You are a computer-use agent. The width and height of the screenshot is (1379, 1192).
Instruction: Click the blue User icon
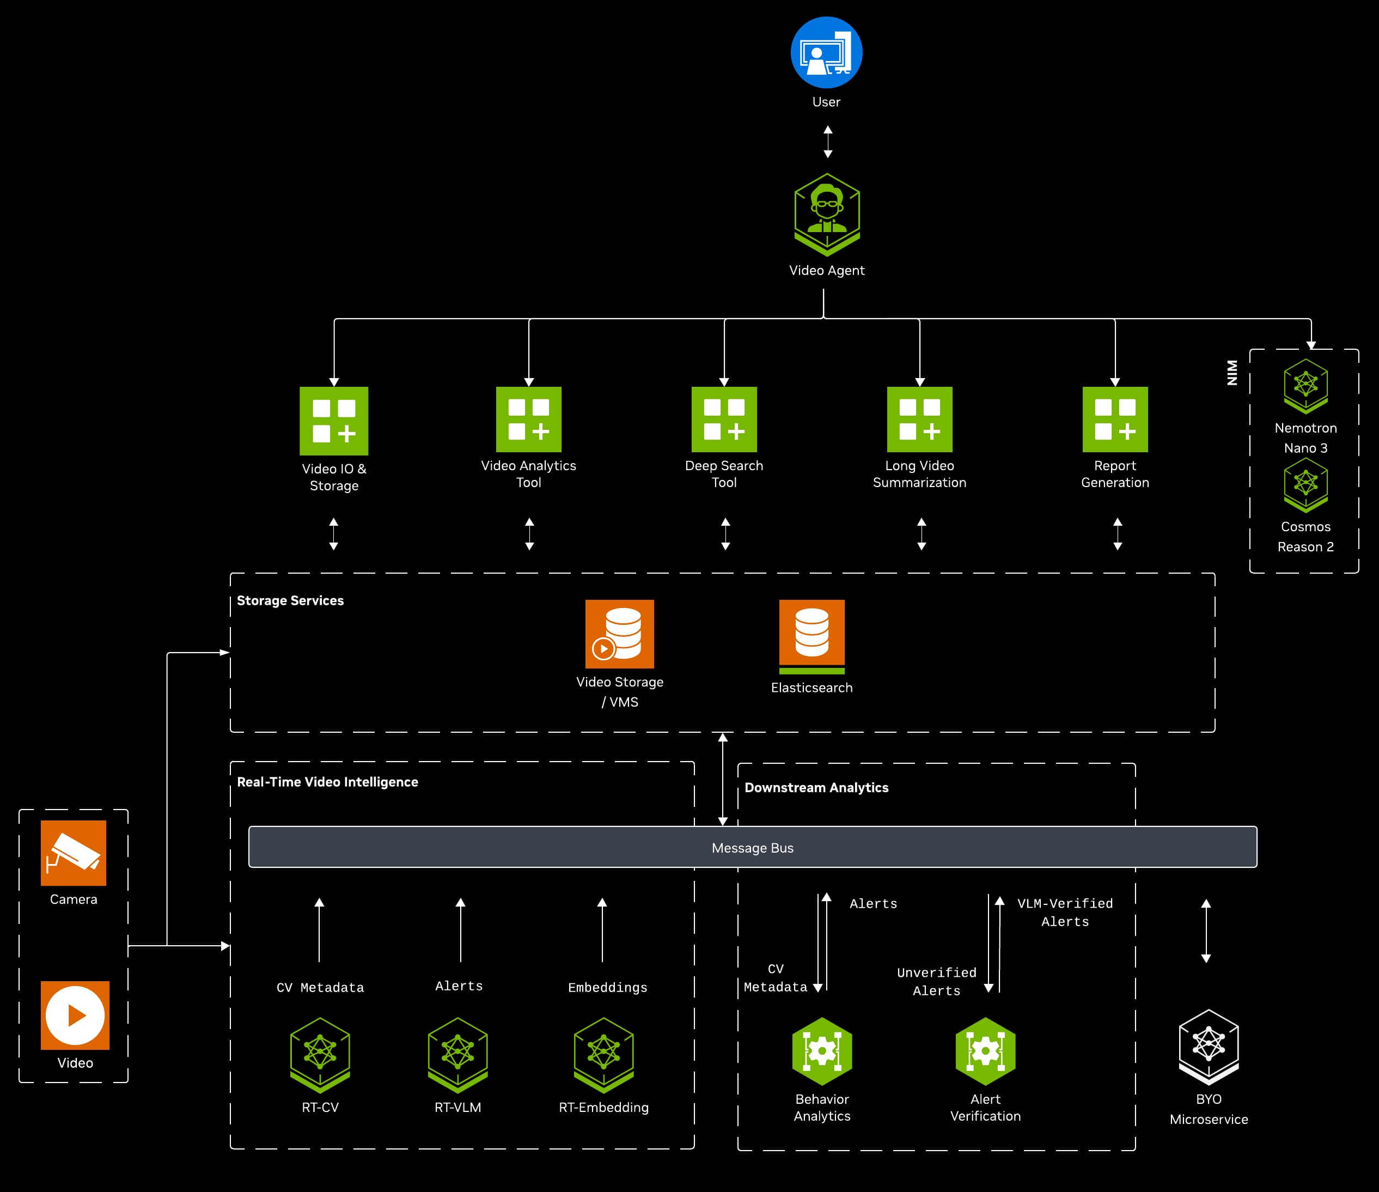click(x=827, y=53)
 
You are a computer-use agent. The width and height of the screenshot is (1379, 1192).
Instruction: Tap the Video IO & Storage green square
click(x=334, y=421)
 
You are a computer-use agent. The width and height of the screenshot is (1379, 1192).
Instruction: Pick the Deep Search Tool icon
click(x=724, y=419)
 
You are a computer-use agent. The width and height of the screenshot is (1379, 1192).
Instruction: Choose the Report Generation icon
click(x=1115, y=419)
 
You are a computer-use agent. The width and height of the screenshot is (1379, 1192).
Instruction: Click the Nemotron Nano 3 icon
click(x=1306, y=386)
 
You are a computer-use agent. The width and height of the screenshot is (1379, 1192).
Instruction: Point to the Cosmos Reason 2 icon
click(x=1306, y=484)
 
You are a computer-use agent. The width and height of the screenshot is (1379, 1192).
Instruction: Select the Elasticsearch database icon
click(x=812, y=636)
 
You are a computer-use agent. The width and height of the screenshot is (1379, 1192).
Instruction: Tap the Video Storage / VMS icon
click(x=620, y=634)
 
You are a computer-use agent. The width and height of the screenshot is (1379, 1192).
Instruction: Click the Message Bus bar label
click(x=753, y=848)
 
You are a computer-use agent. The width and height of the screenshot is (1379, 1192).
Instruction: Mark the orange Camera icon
click(x=73, y=853)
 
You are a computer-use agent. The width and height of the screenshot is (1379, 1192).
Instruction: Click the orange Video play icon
click(x=75, y=1015)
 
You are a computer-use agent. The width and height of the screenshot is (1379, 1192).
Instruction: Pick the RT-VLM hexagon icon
click(x=458, y=1054)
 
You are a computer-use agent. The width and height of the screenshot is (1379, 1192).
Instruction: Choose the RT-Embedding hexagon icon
click(x=603, y=1054)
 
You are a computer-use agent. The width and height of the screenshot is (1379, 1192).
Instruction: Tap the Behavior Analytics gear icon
click(x=822, y=1051)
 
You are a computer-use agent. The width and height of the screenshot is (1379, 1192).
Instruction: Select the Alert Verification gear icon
click(x=985, y=1051)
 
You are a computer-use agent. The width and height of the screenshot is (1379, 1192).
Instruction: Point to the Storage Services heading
click(x=290, y=601)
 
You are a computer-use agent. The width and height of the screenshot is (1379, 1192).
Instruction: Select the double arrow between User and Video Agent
click(x=828, y=142)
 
